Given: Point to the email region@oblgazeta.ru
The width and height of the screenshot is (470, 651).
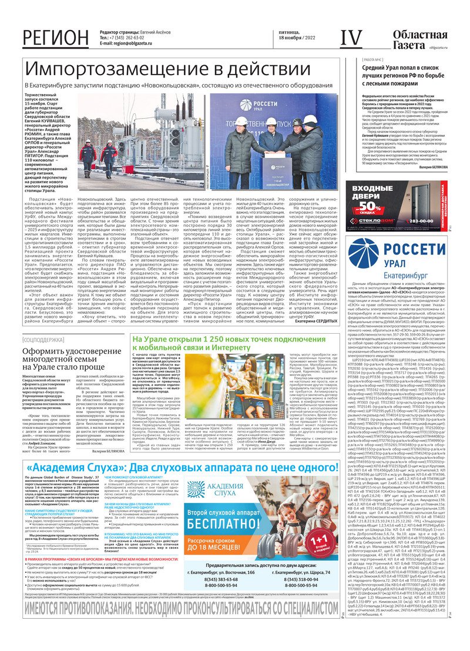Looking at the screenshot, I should [139, 43].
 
